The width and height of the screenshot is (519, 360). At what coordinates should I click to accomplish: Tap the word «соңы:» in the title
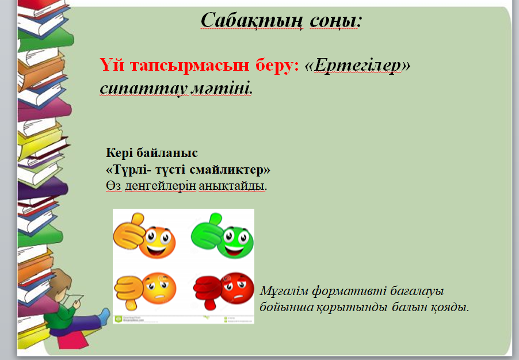(x=335, y=21)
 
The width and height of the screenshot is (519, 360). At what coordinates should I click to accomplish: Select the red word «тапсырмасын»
(x=189, y=65)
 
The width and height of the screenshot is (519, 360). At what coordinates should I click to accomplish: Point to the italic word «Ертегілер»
(x=357, y=66)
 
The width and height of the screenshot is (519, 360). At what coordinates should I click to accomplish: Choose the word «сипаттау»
(x=144, y=89)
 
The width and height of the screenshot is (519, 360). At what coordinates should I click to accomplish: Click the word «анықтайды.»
(x=232, y=186)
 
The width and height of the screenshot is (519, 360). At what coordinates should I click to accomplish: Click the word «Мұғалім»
(x=284, y=291)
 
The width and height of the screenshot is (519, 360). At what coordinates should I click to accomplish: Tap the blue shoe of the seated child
(x=104, y=316)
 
